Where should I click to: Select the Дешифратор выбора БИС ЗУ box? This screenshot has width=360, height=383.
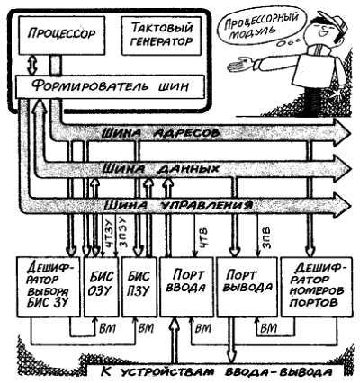[46, 287]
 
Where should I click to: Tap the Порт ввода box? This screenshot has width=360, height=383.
[184, 287]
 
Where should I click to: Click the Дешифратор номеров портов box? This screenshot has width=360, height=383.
[310, 287]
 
